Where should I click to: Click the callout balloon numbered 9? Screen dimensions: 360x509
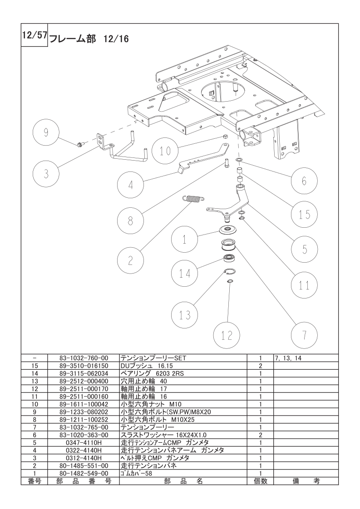click(46, 132)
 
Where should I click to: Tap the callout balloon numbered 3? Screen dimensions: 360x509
click(46, 174)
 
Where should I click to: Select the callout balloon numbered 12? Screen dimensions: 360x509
click(227, 335)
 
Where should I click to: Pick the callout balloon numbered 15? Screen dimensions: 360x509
click(305, 215)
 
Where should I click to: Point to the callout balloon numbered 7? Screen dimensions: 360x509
click(305, 335)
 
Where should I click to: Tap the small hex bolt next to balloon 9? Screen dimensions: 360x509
click(80, 143)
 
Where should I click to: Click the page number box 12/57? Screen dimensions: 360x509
click(35, 35)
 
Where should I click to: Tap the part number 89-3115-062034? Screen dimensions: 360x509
click(84, 373)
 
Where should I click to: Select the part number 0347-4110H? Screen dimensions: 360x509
click(84, 442)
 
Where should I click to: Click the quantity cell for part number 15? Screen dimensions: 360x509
click(260, 366)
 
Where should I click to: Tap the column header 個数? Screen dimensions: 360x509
click(260, 481)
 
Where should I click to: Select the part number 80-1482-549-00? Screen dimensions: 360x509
click(84, 473)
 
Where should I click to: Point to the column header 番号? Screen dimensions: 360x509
click(35, 481)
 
